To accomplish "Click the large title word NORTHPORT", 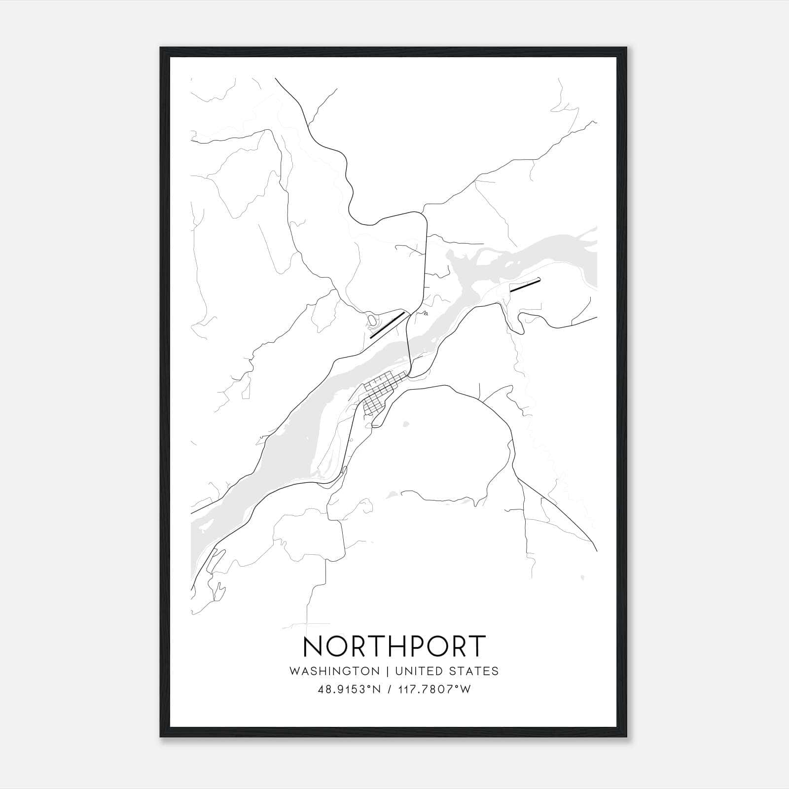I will pyautogui.click(x=394, y=647).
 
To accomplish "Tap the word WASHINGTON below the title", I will pyautogui.click(x=334, y=671).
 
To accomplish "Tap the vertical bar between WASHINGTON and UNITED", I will pyautogui.click(x=387, y=671).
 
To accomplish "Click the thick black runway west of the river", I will pyautogui.click(x=387, y=325).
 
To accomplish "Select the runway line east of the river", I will pyautogui.click(x=525, y=285).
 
